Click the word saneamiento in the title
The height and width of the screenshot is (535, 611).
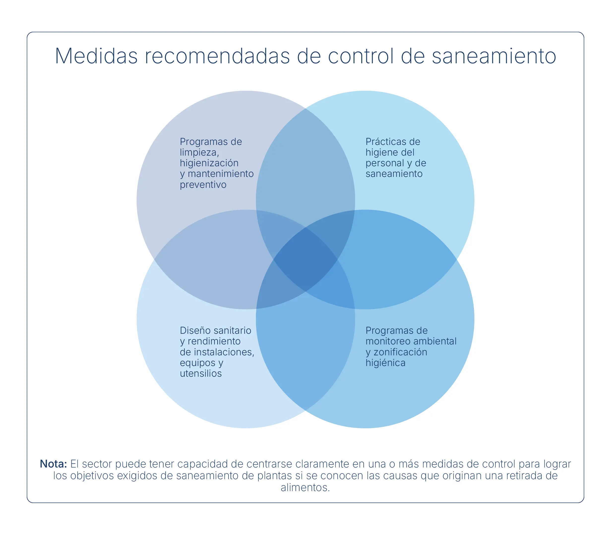click(494, 56)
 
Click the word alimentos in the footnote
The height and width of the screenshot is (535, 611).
click(305, 488)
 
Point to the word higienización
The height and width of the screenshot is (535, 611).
click(209, 163)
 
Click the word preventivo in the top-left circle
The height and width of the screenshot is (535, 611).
click(203, 185)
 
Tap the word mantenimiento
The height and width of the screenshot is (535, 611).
click(220, 174)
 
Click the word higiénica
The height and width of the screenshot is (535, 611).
click(385, 363)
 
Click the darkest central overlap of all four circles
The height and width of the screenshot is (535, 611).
click(305, 259)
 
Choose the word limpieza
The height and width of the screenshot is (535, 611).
click(199, 152)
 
